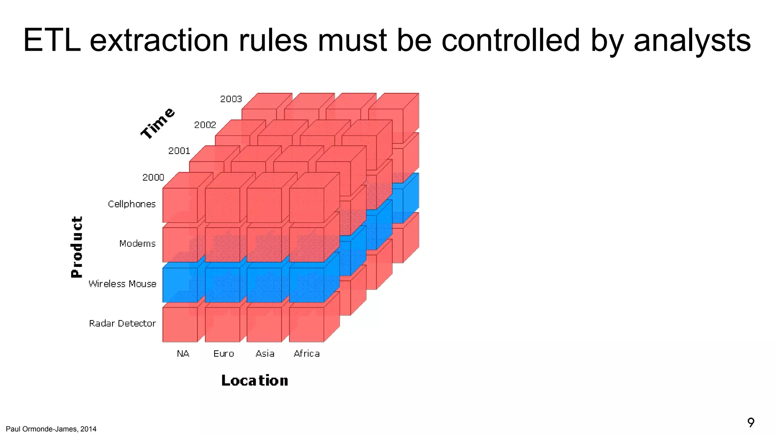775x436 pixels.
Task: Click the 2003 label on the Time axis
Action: point(231,99)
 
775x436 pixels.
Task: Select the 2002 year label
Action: point(205,125)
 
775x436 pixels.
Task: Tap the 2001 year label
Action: point(179,151)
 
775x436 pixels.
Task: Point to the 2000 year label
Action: point(153,177)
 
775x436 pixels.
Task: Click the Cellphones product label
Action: point(132,204)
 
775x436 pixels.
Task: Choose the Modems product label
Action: point(137,243)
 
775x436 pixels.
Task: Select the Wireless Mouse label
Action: point(122,284)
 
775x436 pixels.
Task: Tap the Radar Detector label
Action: point(122,323)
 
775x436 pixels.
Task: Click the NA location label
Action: point(183,353)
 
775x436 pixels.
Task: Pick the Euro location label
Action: point(224,353)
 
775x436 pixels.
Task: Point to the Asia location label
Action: point(265,353)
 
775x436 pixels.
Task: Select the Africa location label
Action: point(307,353)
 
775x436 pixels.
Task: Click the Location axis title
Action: point(255,380)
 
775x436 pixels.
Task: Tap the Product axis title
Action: point(77,247)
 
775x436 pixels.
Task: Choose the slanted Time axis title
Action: point(158,123)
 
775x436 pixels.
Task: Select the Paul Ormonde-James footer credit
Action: point(51,429)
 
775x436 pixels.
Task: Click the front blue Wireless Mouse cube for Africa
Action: point(307,285)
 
